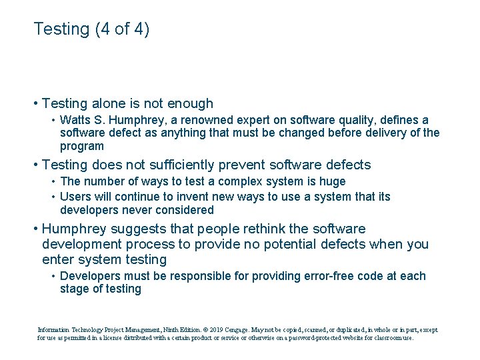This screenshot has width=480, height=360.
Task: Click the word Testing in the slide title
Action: [61, 29]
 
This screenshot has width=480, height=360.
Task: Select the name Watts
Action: [75, 120]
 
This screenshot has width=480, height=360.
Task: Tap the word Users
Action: [74, 197]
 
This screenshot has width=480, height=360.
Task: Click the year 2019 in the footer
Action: [213, 329]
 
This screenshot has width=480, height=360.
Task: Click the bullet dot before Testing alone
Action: [35, 103]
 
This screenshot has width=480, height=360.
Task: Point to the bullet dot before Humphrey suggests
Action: [35, 229]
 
